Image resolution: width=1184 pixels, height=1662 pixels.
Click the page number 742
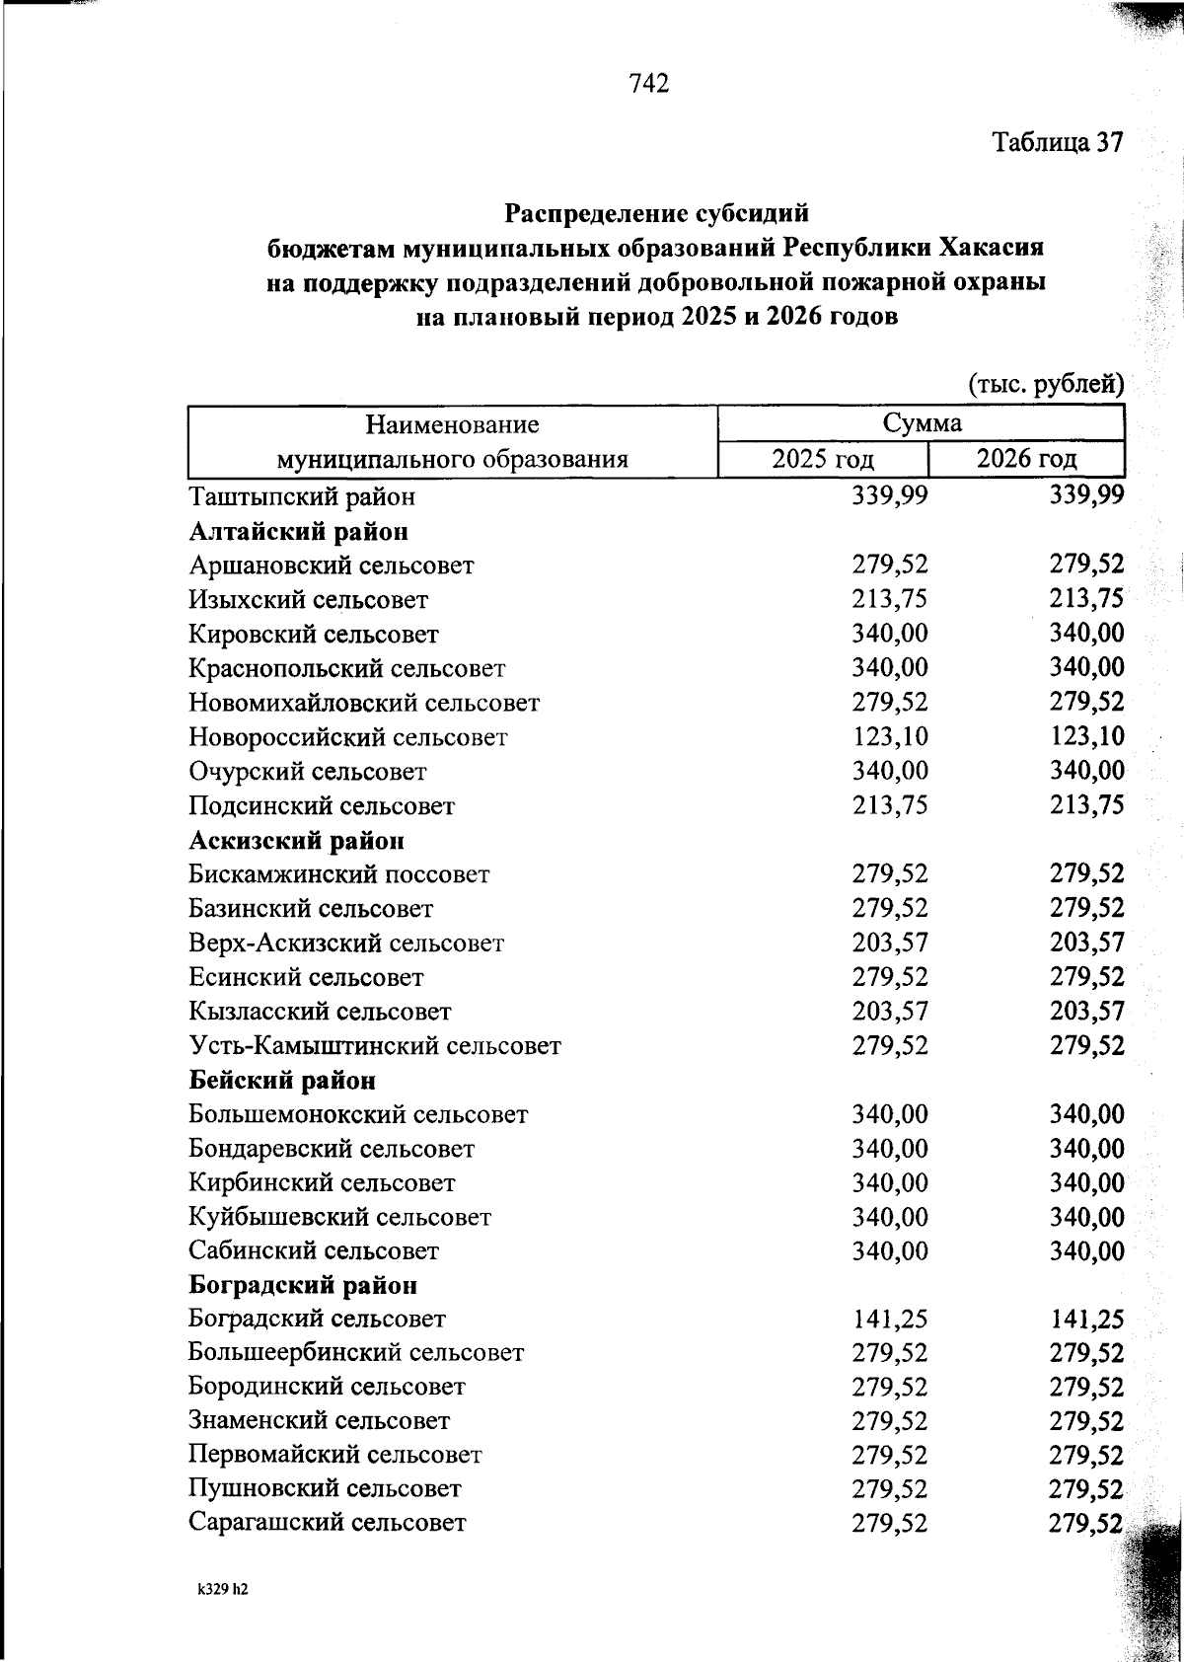tap(648, 84)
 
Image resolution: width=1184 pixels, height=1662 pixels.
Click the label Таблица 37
tap(1058, 143)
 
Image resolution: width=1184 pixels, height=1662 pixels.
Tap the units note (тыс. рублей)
tap(1046, 384)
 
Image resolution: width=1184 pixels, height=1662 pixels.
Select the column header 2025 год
tap(823, 459)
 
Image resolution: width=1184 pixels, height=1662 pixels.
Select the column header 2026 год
tap(1027, 459)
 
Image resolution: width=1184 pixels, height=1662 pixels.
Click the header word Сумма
tap(922, 424)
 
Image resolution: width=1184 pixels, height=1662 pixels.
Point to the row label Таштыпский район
tap(302, 496)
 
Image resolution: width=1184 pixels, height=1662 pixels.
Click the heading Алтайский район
tap(298, 532)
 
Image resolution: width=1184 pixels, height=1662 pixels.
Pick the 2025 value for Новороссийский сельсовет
tap(890, 737)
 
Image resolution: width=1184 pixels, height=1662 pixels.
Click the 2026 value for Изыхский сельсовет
tap(1087, 600)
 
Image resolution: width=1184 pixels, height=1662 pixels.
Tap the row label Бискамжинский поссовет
tap(338, 874)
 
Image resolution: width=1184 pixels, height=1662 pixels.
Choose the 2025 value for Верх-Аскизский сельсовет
tap(890, 943)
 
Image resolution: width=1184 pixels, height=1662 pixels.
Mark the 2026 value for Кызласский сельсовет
tap(1087, 1012)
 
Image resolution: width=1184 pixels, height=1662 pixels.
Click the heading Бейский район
tap(282, 1081)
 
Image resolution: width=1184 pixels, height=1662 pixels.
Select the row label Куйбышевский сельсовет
tap(339, 1217)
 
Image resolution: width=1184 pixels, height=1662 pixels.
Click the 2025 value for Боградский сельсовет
tap(890, 1320)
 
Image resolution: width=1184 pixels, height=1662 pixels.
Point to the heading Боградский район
tap(302, 1285)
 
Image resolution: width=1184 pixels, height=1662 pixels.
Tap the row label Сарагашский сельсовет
tap(327, 1522)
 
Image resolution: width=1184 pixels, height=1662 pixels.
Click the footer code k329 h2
tap(221, 1590)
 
